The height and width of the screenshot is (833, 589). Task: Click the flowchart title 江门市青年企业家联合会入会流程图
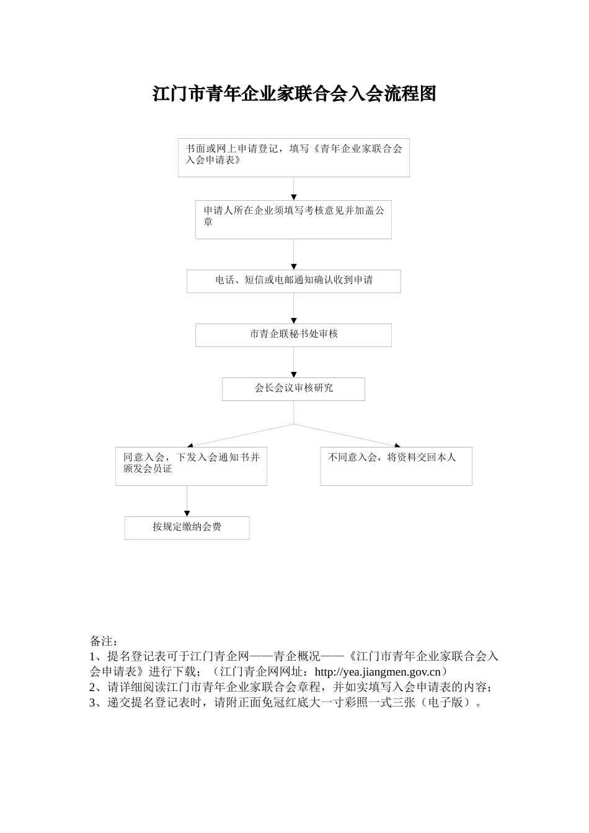click(294, 94)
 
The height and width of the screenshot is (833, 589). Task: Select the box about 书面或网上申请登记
click(293, 157)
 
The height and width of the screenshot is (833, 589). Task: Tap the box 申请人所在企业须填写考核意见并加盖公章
click(293, 219)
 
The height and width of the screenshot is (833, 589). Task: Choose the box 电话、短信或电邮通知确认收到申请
click(293, 281)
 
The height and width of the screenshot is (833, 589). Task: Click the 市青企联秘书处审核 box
click(293, 335)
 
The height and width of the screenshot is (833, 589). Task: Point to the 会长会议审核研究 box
click(293, 389)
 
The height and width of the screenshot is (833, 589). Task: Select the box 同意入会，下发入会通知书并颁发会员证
click(191, 466)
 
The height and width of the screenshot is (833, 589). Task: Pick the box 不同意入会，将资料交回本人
click(396, 466)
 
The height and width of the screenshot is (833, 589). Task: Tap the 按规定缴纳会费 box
click(187, 527)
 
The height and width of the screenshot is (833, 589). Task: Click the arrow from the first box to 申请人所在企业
click(294, 188)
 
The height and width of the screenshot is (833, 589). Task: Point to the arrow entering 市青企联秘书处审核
click(294, 308)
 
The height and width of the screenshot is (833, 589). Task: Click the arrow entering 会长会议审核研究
click(294, 362)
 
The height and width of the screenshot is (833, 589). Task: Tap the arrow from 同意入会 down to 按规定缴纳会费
click(187, 501)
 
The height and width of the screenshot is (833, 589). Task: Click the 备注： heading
click(103, 640)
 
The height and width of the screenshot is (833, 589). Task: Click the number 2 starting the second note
click(93, 687)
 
